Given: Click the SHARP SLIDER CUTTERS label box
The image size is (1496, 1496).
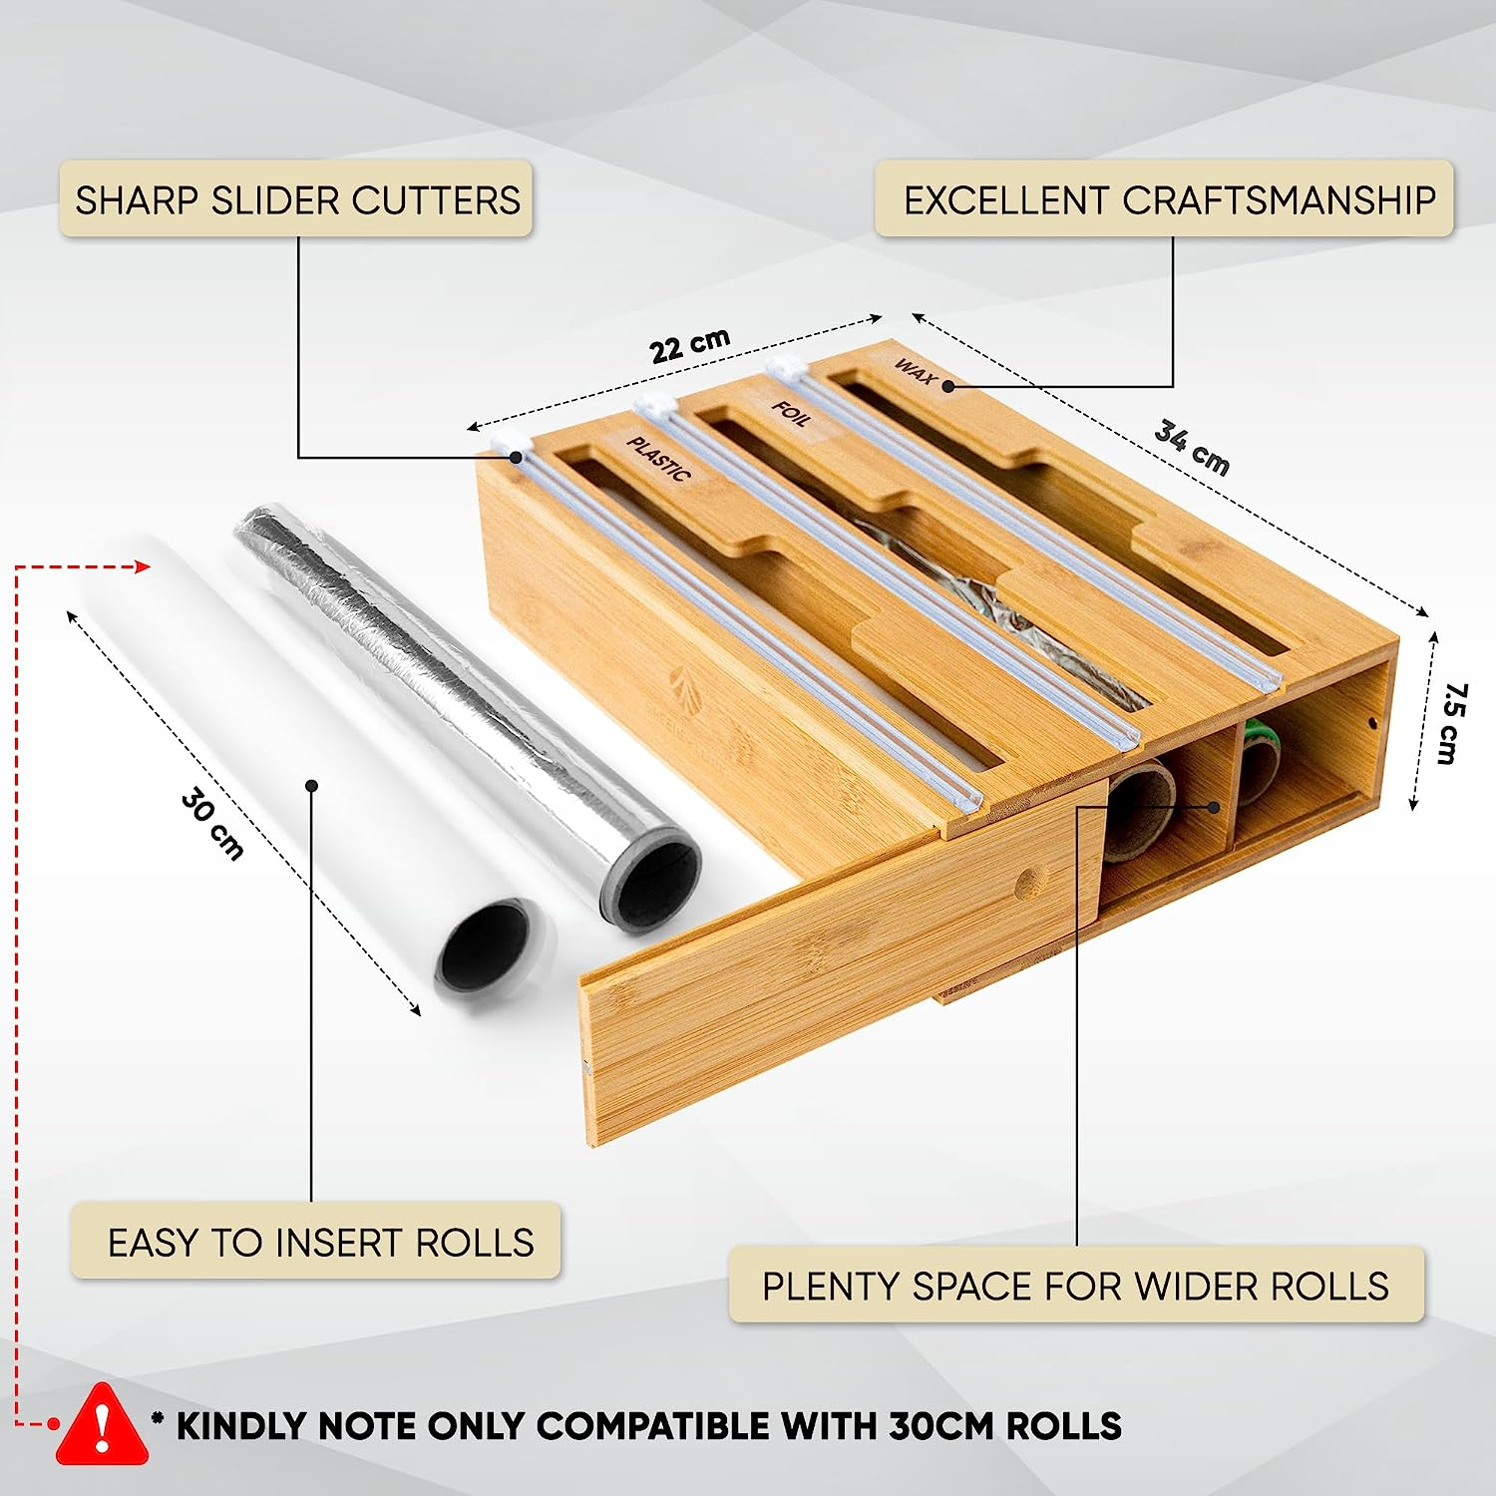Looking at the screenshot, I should pos(296,199).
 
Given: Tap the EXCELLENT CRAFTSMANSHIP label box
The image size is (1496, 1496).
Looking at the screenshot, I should pos(1165,199).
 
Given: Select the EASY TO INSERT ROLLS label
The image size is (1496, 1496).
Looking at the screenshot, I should pos(317,1242).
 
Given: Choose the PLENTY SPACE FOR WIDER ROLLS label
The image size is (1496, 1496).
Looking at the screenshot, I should pos(1075,1286).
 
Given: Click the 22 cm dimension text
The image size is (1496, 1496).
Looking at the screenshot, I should pos(689,345).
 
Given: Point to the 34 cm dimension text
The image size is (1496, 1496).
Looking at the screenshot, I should pos(1192,447).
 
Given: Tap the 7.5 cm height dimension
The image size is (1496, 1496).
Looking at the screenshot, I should pos(1451,723).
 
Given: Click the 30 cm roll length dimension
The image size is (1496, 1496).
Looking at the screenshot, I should pos(212,824).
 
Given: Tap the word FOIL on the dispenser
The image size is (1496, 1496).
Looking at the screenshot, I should pos(791,412).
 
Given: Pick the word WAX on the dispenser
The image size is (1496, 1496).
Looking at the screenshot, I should pos(915,371).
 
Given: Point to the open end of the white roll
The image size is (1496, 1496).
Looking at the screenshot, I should pos(484,943).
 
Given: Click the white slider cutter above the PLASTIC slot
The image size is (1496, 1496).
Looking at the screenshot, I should pos(508,445).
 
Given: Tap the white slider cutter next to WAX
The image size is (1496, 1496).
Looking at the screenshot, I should pos(785,367).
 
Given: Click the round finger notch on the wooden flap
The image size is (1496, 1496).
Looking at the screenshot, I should pos(1030,882).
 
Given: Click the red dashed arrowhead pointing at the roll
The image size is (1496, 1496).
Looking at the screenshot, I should pos(142,566).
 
